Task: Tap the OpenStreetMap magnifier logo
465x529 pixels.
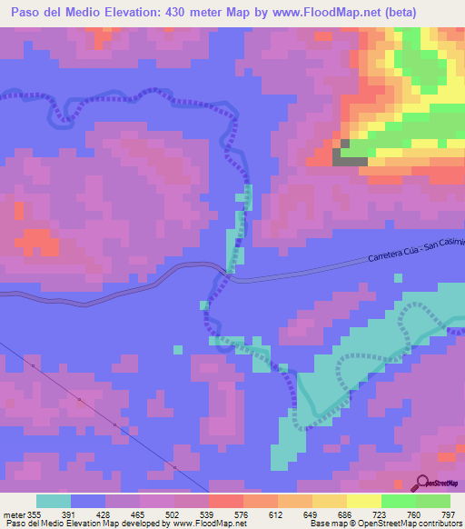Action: pos(422,482)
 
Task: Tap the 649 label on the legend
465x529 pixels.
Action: pos(296,514)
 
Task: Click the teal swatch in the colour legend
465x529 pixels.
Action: pos(54,501)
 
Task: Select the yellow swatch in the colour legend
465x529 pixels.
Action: pos(364,501)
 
